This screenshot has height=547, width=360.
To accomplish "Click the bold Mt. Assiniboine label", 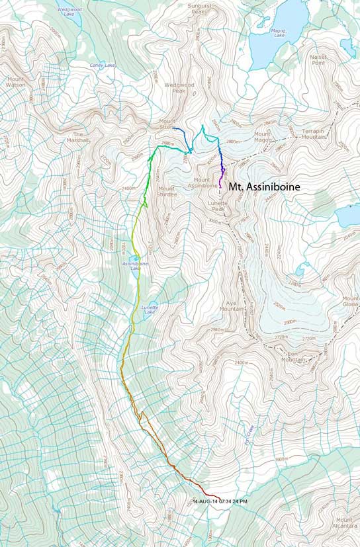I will [264, 187].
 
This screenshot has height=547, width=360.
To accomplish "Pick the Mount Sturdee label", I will [166, 192].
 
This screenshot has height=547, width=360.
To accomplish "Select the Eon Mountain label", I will [293, 357].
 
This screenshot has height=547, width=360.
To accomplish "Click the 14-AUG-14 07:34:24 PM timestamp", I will [220, 501].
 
